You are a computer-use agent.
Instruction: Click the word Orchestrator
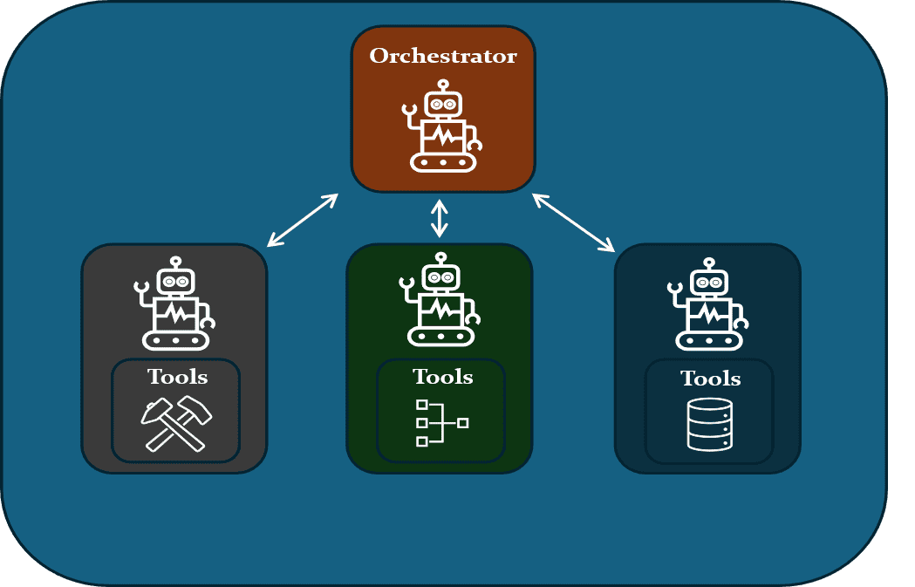pos(443,57)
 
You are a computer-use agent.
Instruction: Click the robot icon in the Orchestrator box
pos(443,126)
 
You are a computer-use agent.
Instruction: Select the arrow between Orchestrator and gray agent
pos(302,220)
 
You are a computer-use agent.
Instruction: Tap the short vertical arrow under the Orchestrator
pos(440,218)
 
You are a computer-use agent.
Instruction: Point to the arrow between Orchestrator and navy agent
pos(573,222)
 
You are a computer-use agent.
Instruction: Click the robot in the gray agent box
pos(175,304)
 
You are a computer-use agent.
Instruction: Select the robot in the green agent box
pos(440,300)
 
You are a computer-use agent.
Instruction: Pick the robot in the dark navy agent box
pos(708,304)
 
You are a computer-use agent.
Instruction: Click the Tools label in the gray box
pos(177,377)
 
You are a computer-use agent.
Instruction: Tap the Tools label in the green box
pos(442,377)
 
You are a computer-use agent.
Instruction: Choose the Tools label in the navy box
pos(710,379)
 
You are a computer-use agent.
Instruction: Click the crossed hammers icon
pos(177,425)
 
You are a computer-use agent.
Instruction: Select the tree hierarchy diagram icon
pos(441,423)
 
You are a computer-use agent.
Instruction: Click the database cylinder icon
pos(709,425)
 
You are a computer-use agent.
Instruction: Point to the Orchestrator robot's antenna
pos(443,85)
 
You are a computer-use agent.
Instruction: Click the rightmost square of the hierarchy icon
pos(462,423)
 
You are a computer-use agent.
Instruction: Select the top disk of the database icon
pos(709,406)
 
